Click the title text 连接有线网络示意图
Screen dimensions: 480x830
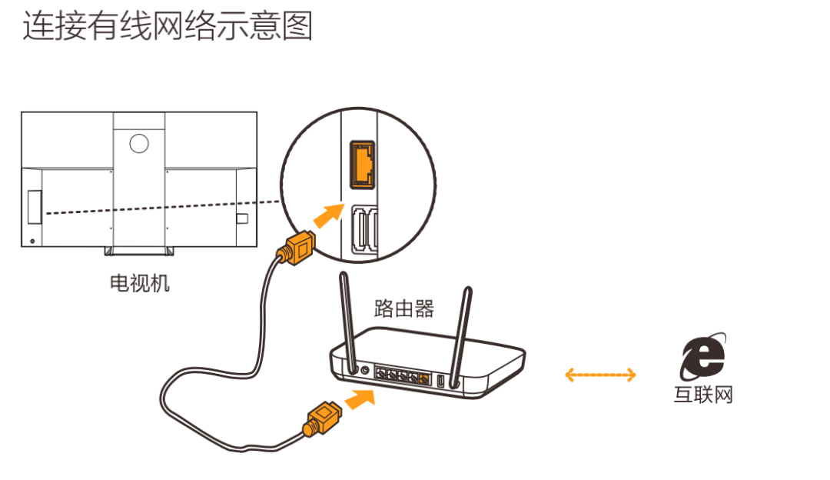pyautogui.click(x=168, y=28)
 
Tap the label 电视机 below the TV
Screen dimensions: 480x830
pyautogui.click(x=139, y=283)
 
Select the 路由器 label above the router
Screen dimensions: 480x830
pyautogui.click(x=404, y=309)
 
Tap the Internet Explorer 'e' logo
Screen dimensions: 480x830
pyautogui.click(x=702, y=357)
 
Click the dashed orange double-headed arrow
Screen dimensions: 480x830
pyautogui.click(x=600, y=375)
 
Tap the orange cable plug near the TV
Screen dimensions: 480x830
pyautogui.click(x=296, y=248)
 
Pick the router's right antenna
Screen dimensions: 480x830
pyautogui.click(x=460, y=331)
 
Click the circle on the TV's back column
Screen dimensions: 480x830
pyautogui.click(x=138, y=142)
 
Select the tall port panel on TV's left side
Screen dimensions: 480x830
pyautogui.click(x=33, y=207)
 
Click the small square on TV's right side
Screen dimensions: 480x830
pyautogui.click(x=242, y=218)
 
